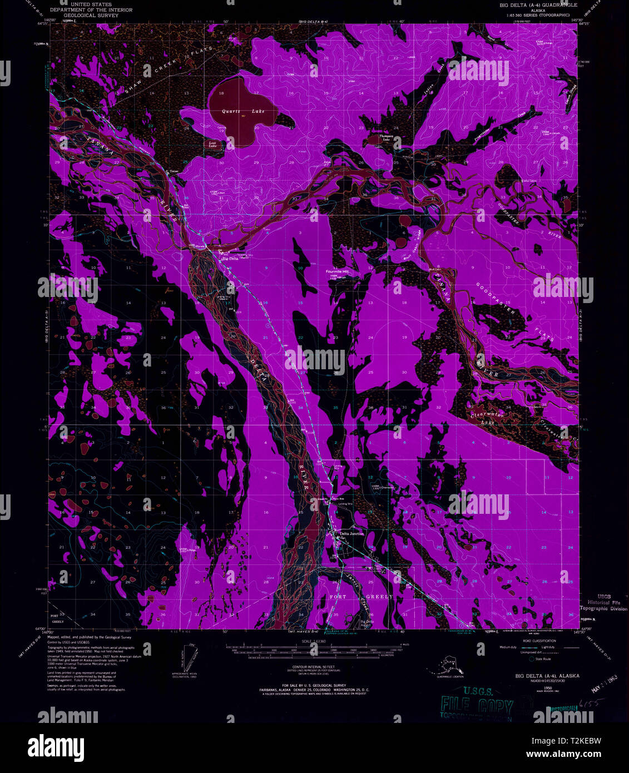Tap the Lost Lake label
click(212, 144)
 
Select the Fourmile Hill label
click(337, 271)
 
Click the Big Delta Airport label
click(367, 623)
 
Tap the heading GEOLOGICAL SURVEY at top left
click(91, 16)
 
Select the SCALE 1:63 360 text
click(315, 641)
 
